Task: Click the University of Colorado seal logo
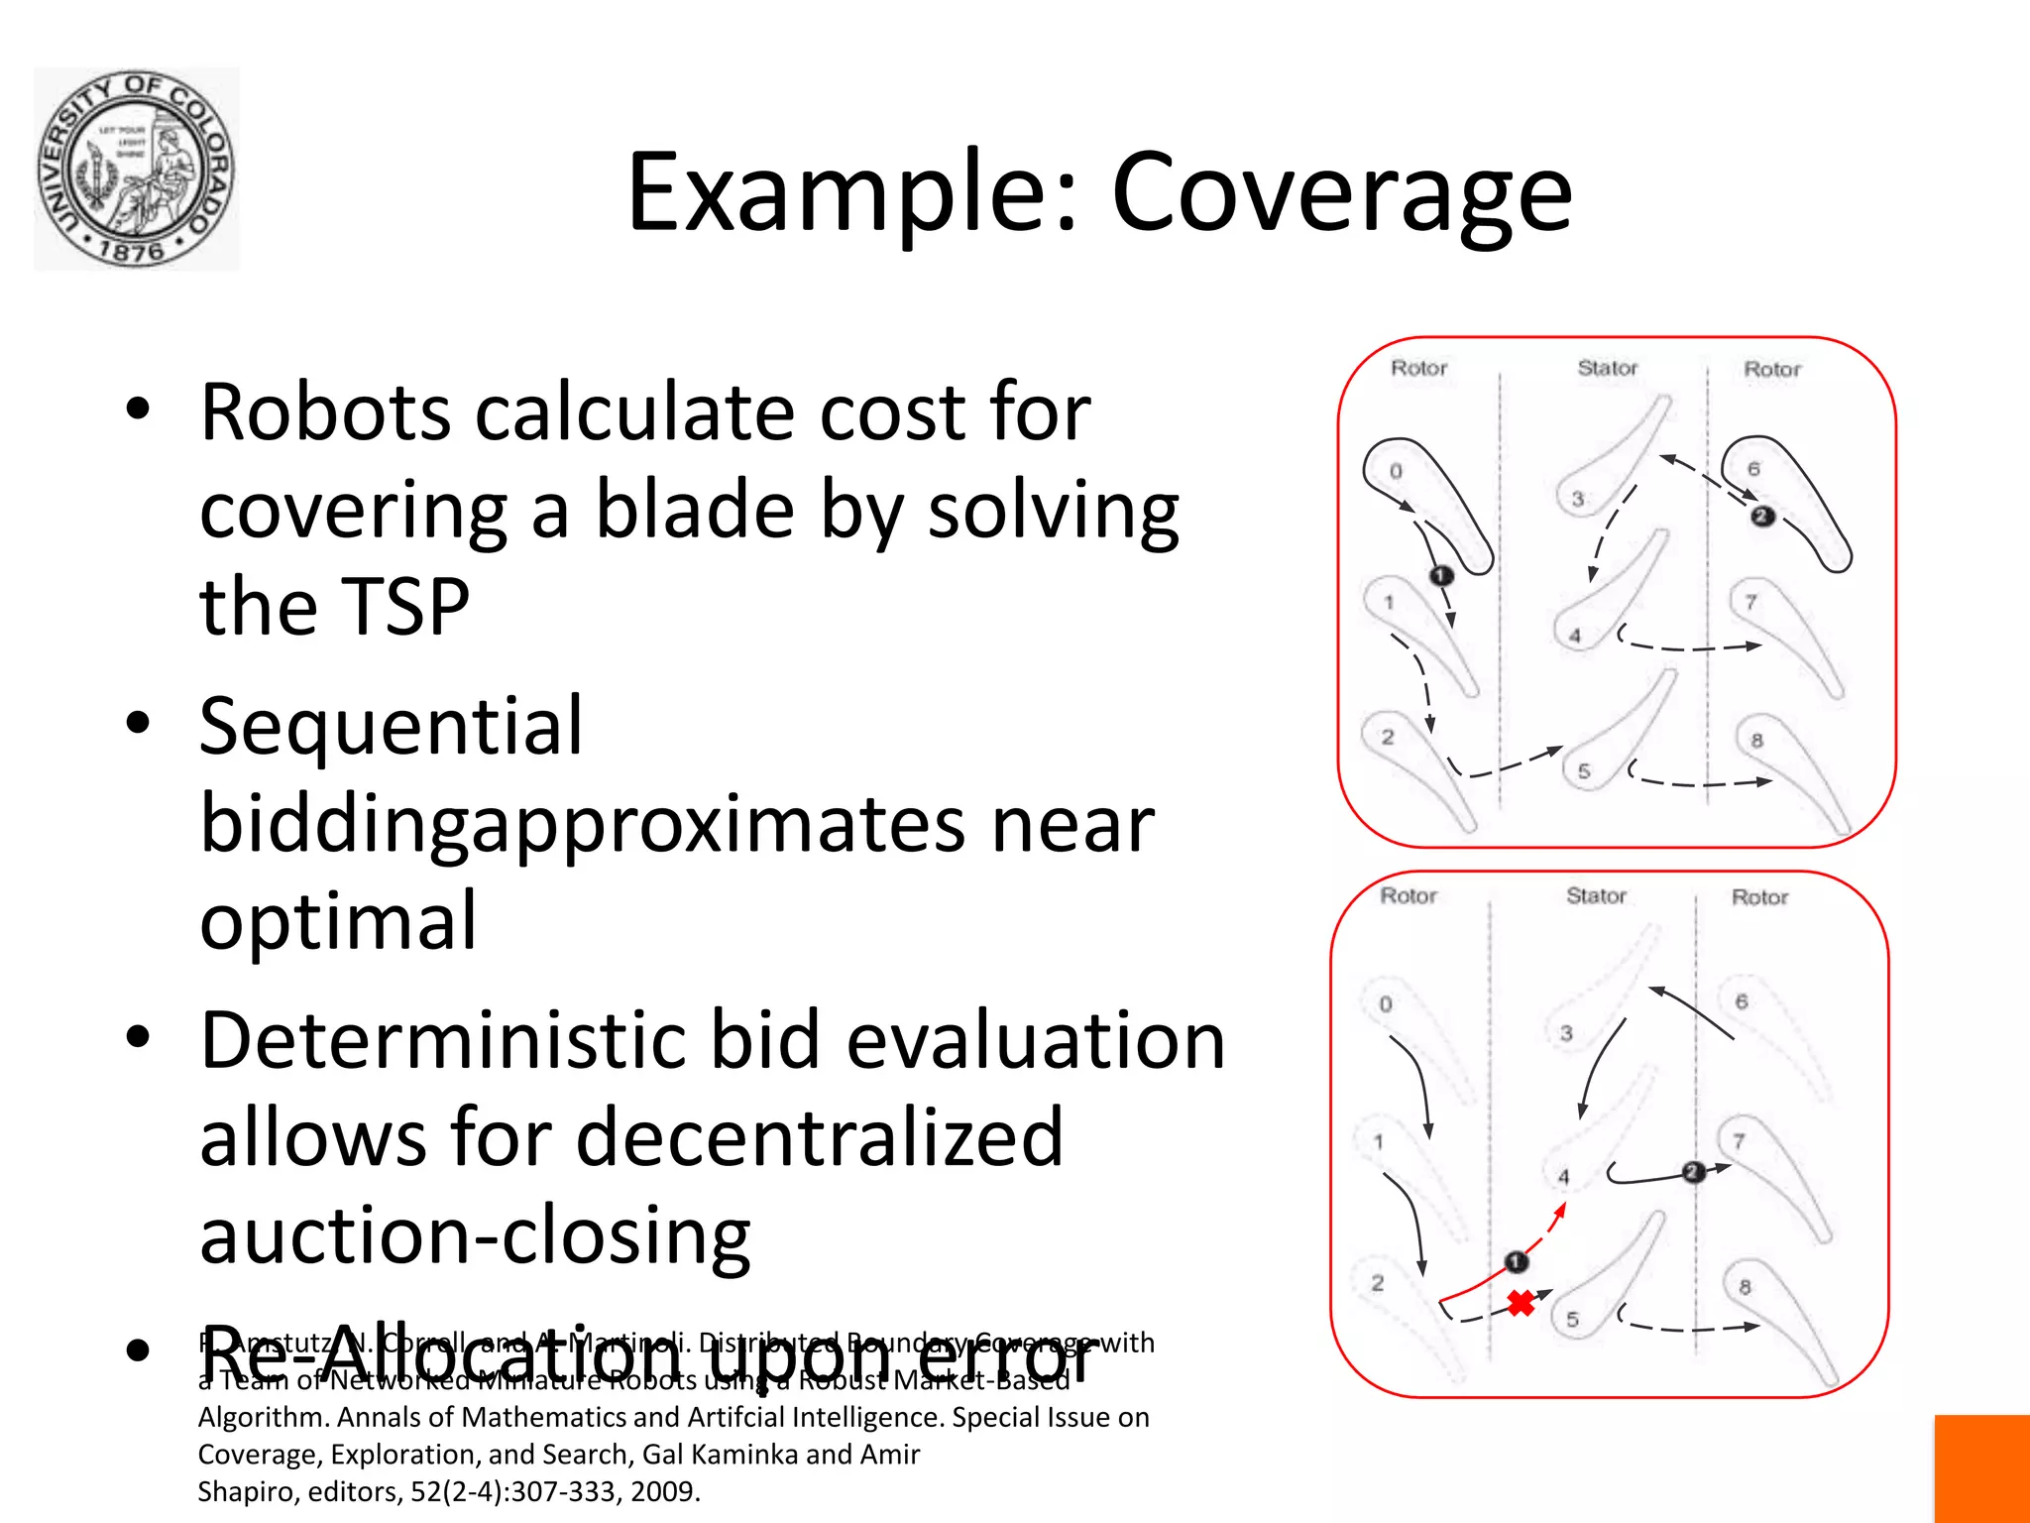(137, 169)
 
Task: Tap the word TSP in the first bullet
(334, 606)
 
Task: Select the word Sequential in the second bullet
(392, 727)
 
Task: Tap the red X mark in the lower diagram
(1521, 1303)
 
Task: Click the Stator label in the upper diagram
(1607, 368)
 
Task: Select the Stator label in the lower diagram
(1596, 895)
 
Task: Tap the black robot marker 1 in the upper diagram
(1440, 576)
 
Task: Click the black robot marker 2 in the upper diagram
(1761, 516)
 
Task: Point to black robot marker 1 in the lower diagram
(1517, 1261)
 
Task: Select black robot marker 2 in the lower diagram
(1693, 1172)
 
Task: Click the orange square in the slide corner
(1981, 1468)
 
